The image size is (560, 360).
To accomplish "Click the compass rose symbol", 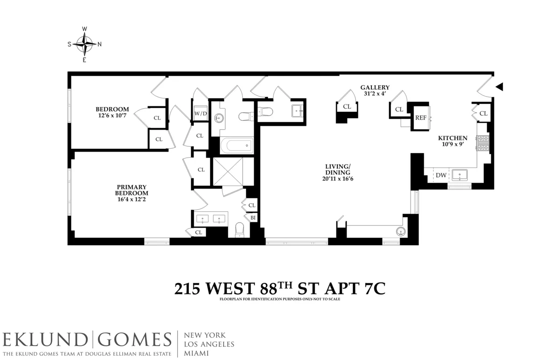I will [x=84, y=44].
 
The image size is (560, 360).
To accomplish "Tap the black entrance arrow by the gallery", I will [x=499, y=87].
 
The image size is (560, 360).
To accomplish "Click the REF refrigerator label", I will [x=421, y=118].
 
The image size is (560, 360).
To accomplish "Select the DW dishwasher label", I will [x=441, y=176].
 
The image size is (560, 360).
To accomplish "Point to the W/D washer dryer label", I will [x=201, y=113].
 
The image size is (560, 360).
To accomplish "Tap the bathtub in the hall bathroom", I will [x=236, y=145].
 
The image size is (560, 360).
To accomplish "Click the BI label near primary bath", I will [x=252, y=217].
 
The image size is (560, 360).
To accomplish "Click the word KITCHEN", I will [x=452, y=138].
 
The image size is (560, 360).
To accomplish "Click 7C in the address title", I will [x=373, y=289].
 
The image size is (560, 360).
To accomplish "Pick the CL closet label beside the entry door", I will [x=483, y=113].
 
